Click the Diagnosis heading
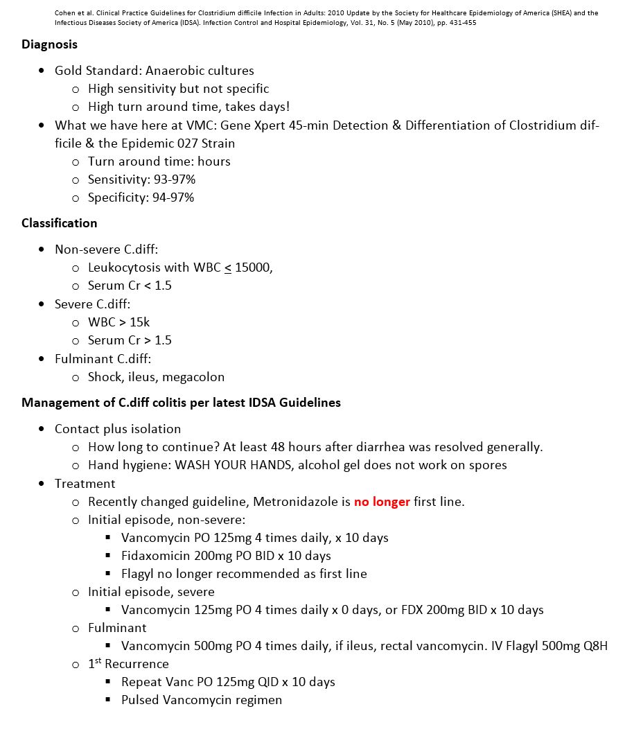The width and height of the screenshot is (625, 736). point(49,44)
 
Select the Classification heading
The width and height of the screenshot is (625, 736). point(59,223)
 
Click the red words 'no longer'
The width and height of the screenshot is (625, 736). point(382,502)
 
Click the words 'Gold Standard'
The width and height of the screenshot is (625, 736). point(96,71)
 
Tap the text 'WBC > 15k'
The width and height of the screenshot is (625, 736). point(118,322)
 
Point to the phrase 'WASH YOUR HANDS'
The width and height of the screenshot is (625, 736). point(233,465)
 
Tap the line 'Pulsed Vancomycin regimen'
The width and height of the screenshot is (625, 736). point(202,700)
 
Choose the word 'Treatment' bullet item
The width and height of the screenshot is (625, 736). point(85,484)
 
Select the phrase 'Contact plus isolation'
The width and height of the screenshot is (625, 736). point(118,429)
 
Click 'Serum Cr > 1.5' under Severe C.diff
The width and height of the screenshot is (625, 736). point(130,340)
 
